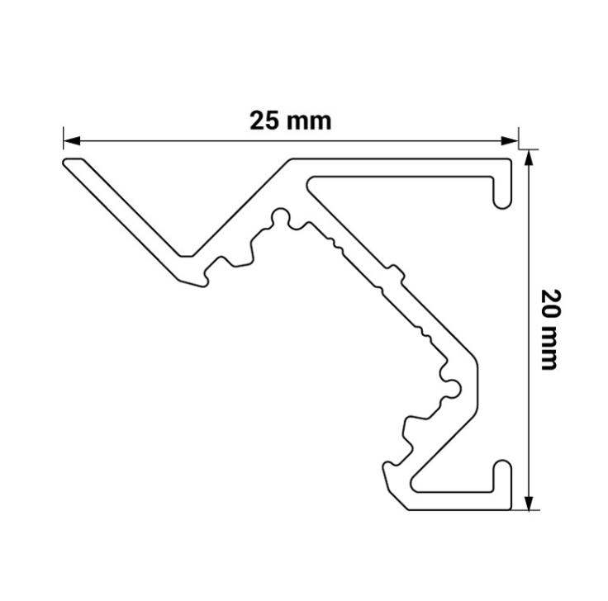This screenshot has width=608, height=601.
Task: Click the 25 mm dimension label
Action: [x=291, y=121]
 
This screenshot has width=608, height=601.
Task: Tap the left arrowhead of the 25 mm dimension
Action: [x=72, y=141]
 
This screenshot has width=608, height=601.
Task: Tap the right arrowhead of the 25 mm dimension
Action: [x=510, y=141]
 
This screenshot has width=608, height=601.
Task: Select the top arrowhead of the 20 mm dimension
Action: [x=530, y=159]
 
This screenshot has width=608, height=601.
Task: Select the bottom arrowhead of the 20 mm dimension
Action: [x=530, y=502]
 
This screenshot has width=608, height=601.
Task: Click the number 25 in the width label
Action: [x=264, y=121]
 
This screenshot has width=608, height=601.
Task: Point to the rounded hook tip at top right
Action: [x=502, y=203]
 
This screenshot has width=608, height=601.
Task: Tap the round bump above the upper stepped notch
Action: [x=280, y=217]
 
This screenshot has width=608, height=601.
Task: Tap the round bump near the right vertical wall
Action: [x=452, y=388]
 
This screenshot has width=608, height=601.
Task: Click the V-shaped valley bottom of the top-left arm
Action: [x=187, y=256]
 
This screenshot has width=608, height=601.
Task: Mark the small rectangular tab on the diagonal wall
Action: [x=397, y=273]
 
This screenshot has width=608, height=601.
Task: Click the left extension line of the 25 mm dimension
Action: [x=64, y=138]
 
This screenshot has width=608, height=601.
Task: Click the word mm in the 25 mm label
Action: [x=309, y=122]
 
